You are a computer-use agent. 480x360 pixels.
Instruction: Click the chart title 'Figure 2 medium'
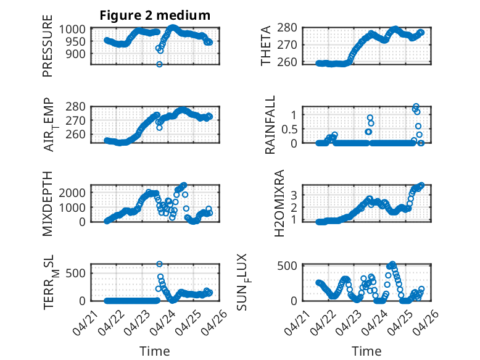click(x=155, y=15)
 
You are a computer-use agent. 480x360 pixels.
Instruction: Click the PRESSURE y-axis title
click(x=48, y=46)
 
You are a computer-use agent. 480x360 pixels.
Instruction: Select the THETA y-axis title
click(x=266, y=46)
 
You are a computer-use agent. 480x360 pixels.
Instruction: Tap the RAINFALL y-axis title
click(x=270, y=125)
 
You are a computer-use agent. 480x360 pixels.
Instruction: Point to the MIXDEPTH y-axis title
click(x=48, y=204)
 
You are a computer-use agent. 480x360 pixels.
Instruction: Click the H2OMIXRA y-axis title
click(x=279, y=203)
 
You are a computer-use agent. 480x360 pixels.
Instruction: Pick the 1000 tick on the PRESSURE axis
click(x=72, y=30)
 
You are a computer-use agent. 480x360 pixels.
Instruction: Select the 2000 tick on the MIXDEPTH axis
click(x=72, y=193)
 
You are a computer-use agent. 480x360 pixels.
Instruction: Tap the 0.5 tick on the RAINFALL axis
click(x=289, y=129)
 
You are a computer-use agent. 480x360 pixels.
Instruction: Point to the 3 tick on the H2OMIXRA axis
click(x=294, y=195)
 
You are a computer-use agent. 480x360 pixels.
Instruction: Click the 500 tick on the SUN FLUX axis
click(x=287, y=266)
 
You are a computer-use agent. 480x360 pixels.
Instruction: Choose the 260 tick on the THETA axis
click(x=287, y=62)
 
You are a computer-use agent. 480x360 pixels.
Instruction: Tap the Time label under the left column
click(x=155, y=351)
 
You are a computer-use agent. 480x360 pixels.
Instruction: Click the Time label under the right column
click(x=366, y=351)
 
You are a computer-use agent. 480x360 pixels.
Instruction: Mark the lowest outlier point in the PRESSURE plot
click(x=159, y=64)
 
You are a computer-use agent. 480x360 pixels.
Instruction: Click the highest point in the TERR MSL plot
click(x=159, y=264)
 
